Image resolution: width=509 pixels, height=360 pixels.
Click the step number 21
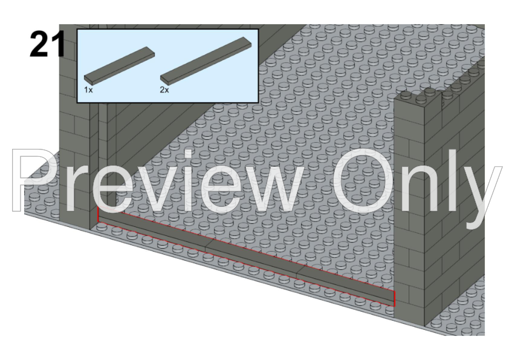47,45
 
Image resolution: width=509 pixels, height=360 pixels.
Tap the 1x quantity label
88,90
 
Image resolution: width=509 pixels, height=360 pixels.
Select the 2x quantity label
164,90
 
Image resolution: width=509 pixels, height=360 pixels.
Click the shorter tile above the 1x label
119,66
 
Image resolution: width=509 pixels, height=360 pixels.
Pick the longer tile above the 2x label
206,59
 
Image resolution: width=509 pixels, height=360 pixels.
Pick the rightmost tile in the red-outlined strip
346,286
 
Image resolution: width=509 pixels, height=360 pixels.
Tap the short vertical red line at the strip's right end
394,299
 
